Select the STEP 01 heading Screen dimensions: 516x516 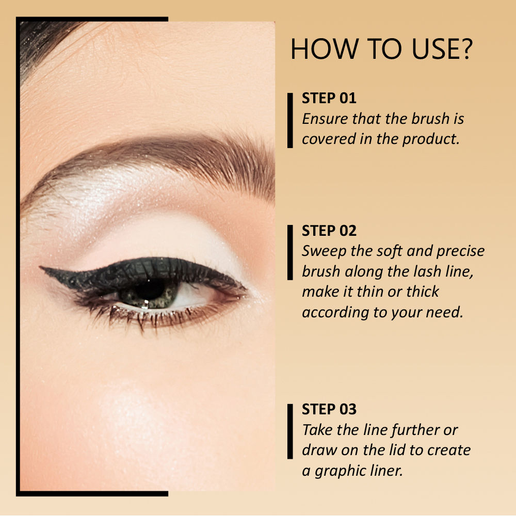[329, 98]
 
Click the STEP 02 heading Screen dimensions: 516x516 [329, 230]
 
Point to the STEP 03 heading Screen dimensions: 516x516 [329, 409]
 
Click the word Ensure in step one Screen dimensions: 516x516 [325, 119]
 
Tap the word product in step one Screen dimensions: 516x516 [431, 139]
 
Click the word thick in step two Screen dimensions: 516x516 [423, 292]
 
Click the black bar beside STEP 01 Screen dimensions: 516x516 [290, 120]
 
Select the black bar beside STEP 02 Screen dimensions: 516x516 [290, 252]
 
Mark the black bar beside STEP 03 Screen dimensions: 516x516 [290, 431]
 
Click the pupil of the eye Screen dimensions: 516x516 [150, 290]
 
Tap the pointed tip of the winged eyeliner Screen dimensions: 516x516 [40, 267]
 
